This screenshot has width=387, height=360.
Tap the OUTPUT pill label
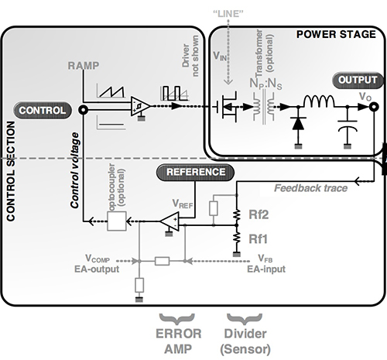(x=357, y=80)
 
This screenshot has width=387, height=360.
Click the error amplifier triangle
(x=170, y=222)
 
